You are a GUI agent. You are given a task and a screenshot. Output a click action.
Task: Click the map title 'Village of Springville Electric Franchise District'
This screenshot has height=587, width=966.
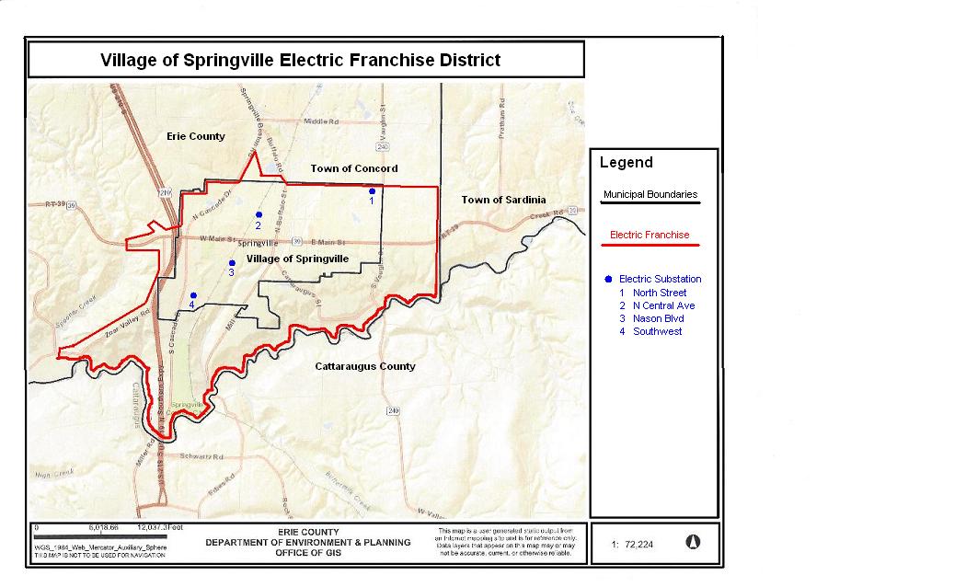tap(300, 61)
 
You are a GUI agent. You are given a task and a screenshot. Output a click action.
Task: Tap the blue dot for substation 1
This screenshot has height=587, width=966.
tap(372, 191)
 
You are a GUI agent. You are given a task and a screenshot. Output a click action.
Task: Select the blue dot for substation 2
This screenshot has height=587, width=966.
tap(259, 214)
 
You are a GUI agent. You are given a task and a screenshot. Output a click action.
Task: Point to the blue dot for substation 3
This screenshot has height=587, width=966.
tap(232, 262)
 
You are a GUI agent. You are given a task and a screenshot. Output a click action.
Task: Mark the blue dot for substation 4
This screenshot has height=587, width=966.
tap(192, 295)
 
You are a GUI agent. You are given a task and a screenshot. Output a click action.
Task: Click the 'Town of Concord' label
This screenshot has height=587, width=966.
tap(354, 168)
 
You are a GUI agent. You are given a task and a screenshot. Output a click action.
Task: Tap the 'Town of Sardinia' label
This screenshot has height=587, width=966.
tap(503, 200)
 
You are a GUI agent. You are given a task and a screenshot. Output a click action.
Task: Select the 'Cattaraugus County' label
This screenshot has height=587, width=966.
tap(364, 366)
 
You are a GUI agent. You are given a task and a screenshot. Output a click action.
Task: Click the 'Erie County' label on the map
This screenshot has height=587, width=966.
tap(195, 136)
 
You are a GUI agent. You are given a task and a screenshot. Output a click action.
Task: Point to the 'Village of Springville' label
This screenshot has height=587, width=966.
tap(297, 259)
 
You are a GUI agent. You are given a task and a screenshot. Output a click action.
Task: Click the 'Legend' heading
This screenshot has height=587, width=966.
tap(626, 163)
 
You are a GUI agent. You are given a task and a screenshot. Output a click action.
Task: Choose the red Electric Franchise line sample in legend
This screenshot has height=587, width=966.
tap(650, 246)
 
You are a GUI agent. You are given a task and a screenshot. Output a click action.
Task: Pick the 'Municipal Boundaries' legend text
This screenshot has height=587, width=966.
tap(650, 195)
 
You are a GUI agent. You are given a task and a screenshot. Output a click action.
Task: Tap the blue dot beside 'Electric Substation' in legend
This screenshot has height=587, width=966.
tap(608, 279)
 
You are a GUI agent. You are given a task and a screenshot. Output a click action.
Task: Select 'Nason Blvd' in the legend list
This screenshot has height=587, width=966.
tap(658, 318)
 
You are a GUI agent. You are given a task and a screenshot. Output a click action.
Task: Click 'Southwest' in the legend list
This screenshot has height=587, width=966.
tap(657, 331)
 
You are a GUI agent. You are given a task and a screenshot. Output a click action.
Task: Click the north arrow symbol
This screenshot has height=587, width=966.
tap(693, 542)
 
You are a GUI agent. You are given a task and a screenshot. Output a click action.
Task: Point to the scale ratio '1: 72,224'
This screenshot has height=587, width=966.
tap(632, 545)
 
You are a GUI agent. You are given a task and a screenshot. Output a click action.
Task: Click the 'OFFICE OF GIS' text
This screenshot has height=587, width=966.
tap(308, 553)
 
